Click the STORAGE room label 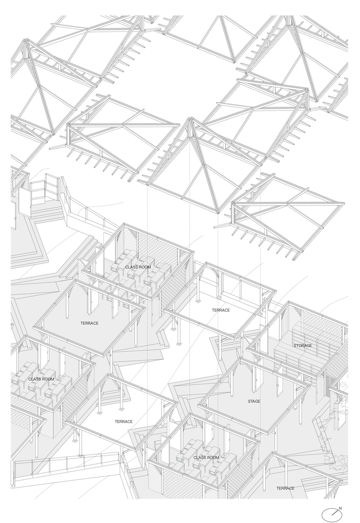(302, 346)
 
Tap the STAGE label (254, 401)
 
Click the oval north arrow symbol (332, 513)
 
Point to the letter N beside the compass (340, 508)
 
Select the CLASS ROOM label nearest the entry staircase (138, 267)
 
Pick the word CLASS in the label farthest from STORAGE (33, 379)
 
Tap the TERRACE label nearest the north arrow (285, 488)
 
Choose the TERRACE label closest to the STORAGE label (221, 310)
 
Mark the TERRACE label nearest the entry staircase (89, 323)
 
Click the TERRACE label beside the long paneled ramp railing (124, 422)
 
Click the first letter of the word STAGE (249, 401)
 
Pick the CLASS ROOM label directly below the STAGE (206, 458)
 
